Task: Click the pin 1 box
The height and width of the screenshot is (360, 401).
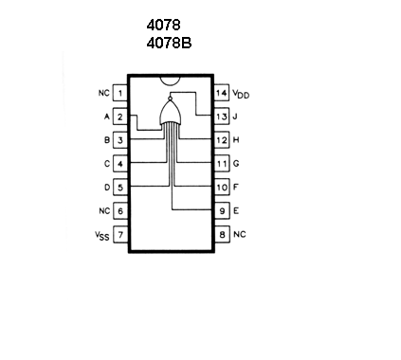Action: click(120, 93)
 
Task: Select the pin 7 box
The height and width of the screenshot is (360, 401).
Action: click(120, 235)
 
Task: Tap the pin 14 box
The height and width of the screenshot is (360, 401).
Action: click(222, 93)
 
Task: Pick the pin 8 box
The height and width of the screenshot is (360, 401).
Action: click(222, 235)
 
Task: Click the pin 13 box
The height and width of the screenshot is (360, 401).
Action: click(222, 117)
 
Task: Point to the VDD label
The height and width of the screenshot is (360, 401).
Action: click(241, 94)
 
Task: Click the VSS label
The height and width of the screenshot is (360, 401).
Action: click(102, 236)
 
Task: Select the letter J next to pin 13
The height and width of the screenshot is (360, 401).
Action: click(235, 117)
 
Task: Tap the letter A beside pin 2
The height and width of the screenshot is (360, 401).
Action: click(107, 117)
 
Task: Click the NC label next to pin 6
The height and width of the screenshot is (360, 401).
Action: click(104, 210)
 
